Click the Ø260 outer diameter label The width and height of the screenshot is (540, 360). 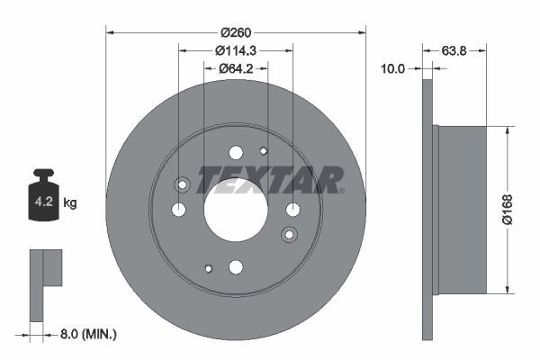[236, 22]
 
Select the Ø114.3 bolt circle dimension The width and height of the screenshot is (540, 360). [236, 50]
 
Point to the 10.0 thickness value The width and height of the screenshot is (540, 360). [392, 68]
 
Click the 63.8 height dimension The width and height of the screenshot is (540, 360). [454, 50]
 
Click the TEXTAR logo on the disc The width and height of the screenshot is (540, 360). [270, 181]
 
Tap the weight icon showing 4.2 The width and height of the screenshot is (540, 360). [43, 196]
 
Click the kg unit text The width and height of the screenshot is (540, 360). [70, 203]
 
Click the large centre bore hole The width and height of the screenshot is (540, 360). [236, 210]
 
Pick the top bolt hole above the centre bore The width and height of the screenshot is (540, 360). [236, 153]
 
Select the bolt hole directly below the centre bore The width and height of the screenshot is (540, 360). [236, 266]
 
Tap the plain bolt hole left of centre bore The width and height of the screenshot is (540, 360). [179, 210]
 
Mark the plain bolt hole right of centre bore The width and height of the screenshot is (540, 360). [292, 210]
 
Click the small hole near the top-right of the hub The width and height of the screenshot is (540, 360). [264, 150]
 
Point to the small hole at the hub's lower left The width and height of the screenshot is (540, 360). [208, 268]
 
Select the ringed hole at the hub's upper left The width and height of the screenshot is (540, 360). [184, 185]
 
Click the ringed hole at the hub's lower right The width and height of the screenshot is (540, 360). [289, 234]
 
